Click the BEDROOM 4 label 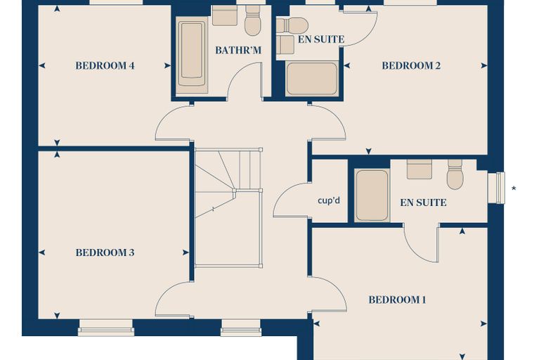pos(105,65)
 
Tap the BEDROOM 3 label pos(105,252)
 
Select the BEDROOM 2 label pos(411,65)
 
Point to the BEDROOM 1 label pos(397,300)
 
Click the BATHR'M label pos(238,51)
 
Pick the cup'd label pos(329,200)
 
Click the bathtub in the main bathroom pos(192,55)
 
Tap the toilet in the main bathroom pos(253,20)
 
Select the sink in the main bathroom pos(225,15)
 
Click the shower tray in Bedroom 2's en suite pos(312,79)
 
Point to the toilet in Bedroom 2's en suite pos(292,25)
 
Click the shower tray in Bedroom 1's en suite pos(372,195)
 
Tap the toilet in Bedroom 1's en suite pos(455,174)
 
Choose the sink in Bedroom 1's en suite pos(419,169)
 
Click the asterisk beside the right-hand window pos(514,188)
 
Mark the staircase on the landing pos(228,207)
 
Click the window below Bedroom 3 pos(106,328)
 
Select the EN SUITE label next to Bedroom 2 pos(321,39)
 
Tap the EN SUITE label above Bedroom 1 pos(423,202)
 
